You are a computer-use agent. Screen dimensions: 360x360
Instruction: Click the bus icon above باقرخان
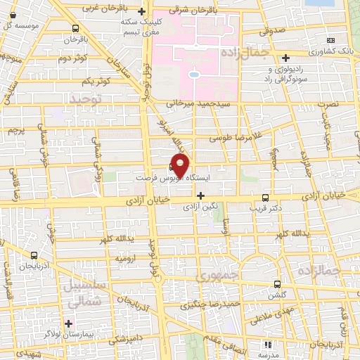tap(75, 28)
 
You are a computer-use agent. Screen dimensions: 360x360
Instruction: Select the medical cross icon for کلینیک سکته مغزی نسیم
tap(142, 11)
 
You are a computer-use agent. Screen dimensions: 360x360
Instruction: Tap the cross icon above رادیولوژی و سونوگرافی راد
tap(285, 59)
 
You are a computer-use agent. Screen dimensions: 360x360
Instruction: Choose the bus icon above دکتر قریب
tap(264, 198)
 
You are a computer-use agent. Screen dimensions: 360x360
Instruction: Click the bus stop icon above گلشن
tap(277, 285)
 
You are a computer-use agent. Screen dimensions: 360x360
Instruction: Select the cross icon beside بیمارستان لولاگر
tap(68, 323)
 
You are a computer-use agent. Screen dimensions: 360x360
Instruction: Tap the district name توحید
tap(86, 101)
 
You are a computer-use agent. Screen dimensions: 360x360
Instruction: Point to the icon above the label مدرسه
tap(266, 345)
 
